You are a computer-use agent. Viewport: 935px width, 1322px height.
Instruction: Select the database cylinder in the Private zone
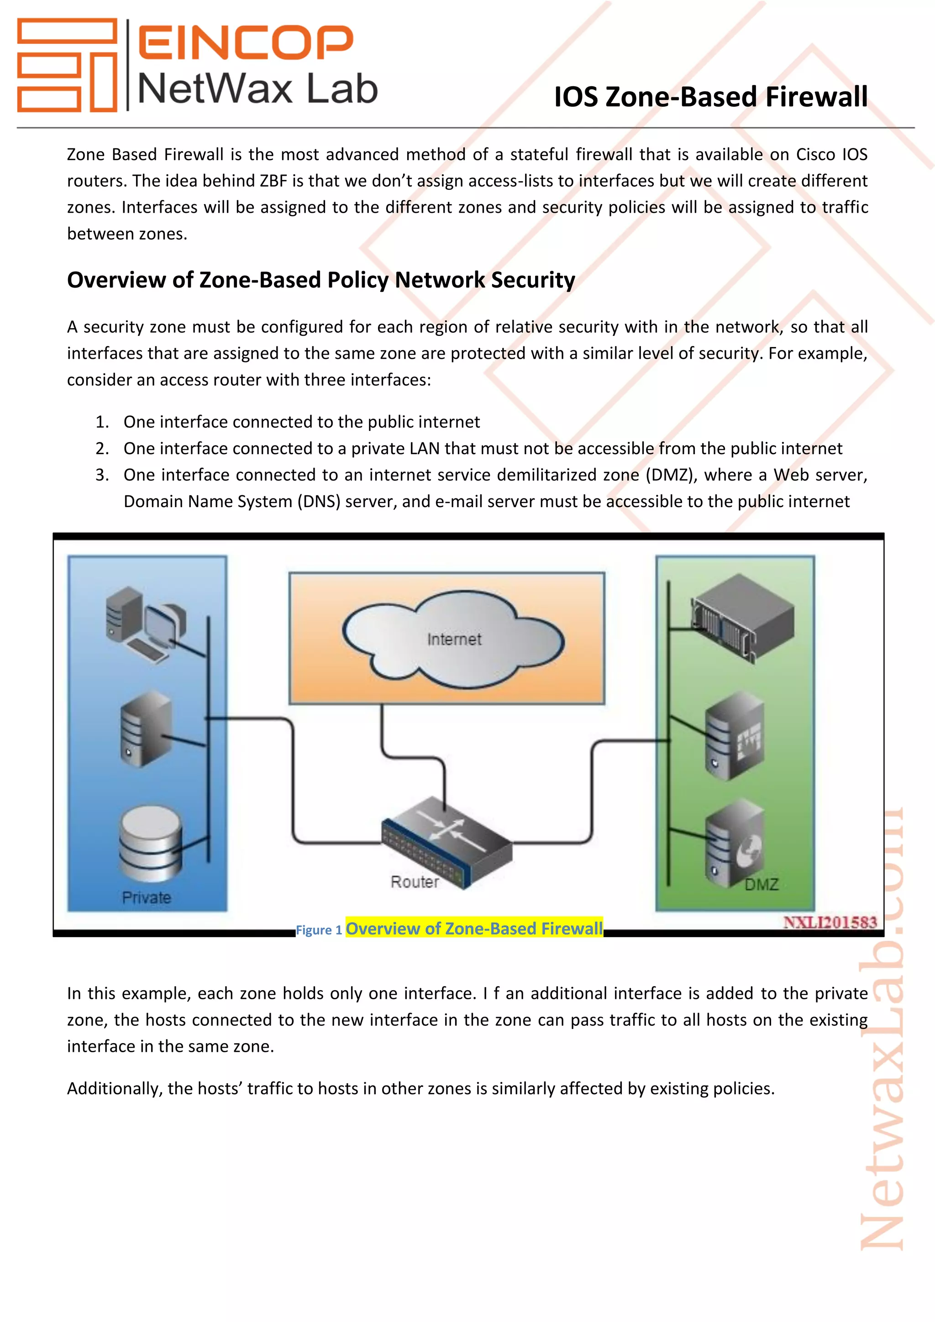pos(151,844)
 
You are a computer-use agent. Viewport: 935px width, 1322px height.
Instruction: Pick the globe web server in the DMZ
pos(734,844)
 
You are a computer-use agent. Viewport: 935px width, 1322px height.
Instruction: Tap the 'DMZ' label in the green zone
pos(761,884)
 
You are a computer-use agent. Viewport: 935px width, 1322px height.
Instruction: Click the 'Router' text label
pos(415,881)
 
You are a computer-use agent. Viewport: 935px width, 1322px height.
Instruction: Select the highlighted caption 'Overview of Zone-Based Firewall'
pos(474,928)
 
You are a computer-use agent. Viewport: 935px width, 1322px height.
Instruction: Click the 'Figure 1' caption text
pos(318,930)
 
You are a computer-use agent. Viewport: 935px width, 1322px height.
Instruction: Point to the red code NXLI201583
pos(830,923)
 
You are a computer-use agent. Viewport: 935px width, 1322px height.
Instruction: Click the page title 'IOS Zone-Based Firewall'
pos(710,96)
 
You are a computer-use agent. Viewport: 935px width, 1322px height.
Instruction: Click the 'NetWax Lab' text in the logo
pos(257,89)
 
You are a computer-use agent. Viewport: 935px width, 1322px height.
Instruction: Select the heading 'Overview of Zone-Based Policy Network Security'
pos(320,280)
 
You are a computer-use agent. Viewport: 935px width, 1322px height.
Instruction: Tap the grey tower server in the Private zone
pos(146,729)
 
